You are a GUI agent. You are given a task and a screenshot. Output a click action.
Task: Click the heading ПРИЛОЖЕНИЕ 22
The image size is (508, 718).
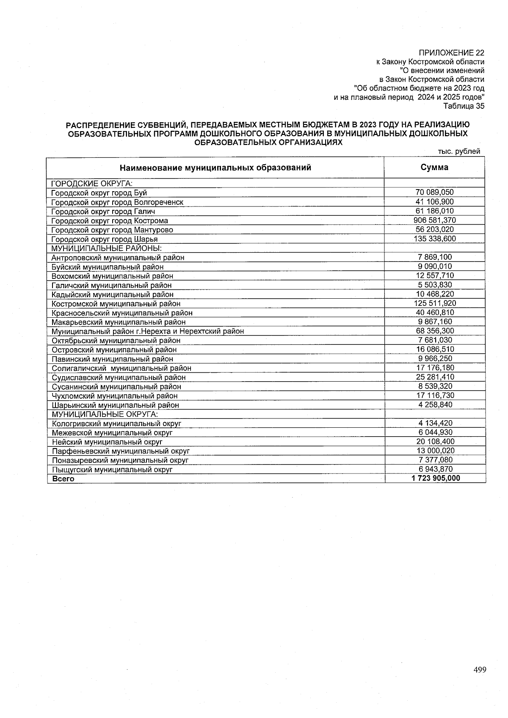point(451,53)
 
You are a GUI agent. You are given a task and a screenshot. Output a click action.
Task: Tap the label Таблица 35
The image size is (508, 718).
point(464,106)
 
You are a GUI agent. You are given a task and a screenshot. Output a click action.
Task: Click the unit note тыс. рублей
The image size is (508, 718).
point(460,151)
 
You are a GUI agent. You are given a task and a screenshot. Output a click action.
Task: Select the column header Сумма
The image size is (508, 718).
point(434,167)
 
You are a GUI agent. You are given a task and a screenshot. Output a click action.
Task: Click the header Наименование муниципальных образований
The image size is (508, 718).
point(215,168)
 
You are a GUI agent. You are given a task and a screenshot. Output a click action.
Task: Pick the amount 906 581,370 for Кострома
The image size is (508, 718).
point(434,220)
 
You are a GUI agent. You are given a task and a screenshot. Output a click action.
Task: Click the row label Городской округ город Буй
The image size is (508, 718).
point(99,193)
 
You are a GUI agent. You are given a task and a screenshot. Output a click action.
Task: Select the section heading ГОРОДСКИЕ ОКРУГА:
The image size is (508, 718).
point(92,184)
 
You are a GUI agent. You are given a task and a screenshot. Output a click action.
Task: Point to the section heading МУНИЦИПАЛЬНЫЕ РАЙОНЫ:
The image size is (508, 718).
point(107,248)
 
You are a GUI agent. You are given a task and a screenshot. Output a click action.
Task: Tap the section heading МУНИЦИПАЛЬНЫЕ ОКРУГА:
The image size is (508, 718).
point(105,414)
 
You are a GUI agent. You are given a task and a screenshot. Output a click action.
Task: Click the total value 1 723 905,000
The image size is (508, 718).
point(435,479)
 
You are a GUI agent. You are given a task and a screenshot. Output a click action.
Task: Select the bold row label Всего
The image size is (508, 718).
point(63,479)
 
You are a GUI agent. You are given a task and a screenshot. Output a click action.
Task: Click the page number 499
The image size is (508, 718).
point(480,670)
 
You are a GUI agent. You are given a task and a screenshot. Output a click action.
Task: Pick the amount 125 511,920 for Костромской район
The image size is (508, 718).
point(434,303)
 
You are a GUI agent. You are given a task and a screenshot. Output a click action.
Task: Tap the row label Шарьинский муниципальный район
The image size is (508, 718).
point(115,405)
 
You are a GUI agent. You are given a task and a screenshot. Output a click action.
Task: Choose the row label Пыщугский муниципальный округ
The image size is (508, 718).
point(112,470)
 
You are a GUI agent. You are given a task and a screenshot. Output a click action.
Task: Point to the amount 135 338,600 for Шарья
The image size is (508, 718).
point(434,239)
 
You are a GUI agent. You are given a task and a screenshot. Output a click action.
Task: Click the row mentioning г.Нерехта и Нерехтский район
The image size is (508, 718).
point(148,331)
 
